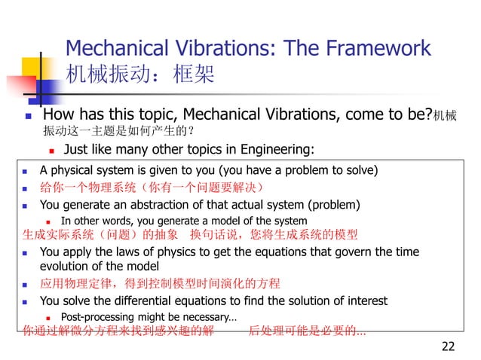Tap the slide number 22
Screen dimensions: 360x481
pos(448,346)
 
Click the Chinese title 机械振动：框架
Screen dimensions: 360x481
pos(140,75)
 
